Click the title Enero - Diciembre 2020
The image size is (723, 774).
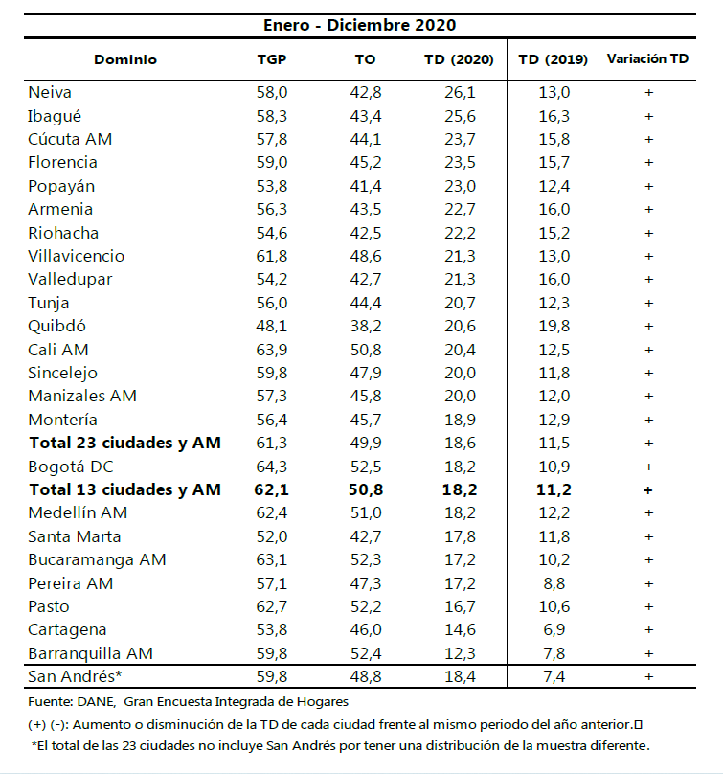tap(360, 25)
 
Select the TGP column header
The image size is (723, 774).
tap(272, 59)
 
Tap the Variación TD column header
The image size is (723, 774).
tap(647, 59)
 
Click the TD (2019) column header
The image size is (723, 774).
tap(554, 59)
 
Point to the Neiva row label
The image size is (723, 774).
tap(50, 92)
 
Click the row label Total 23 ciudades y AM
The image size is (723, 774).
tap(124, 443)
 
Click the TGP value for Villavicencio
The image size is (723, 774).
tap(272, 256)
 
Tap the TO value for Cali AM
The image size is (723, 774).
tap(365, 350)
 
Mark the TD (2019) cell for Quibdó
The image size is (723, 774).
tap(554, 326)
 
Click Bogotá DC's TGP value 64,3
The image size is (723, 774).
tap(272, 467)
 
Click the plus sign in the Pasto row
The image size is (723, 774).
tap(648, 606)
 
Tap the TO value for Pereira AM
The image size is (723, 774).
tap(365, 583)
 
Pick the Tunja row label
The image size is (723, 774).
tap(49, 303)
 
